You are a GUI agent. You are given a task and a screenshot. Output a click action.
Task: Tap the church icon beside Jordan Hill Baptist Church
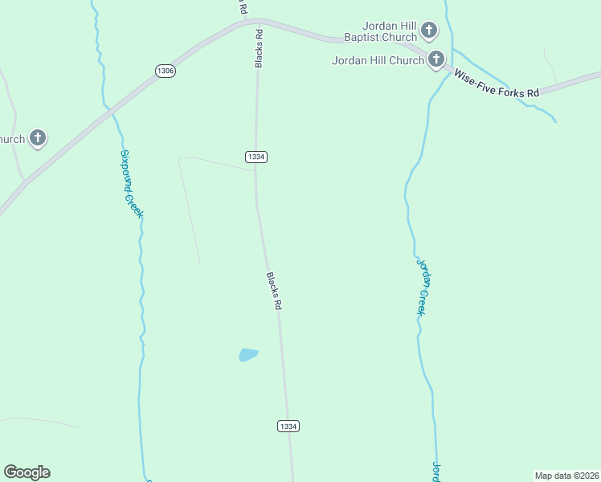click(x=429, y=31)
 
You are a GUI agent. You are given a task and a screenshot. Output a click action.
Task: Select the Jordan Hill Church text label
click(x=378, y=59)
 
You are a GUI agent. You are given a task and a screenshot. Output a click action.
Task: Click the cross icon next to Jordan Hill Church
click(x=436, y=59)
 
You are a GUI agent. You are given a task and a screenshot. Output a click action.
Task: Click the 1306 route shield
click(x=166, y=71)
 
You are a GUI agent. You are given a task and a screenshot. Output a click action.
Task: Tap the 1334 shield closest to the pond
click(x=288, y=426)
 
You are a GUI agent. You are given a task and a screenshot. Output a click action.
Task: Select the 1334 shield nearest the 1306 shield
click(x=256, y=157)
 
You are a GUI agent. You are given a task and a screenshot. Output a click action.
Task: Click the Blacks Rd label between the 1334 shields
click(x=274, y=291)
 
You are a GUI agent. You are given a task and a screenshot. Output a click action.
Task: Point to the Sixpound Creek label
click(x=131, y=184)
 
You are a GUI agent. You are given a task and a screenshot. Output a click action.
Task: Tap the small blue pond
click(x=248, y=354)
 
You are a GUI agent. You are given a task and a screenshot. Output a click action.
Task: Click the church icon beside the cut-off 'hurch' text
click(x=38, y=138)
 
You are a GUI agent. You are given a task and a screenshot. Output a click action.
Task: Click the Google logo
click(x=27, y=472)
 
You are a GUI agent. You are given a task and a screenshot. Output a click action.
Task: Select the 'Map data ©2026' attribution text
click(x=566, y=476)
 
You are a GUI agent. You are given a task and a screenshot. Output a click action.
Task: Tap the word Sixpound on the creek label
click(x=127, y=168)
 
